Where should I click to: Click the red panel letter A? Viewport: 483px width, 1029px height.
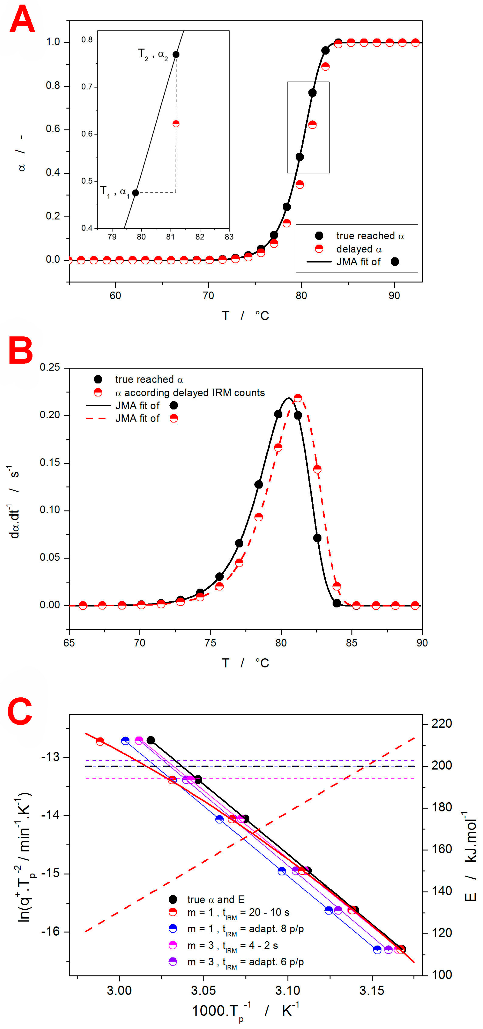pyautogui.click(x=22, y=20)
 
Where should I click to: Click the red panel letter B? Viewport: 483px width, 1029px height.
pyautogui.click(x=21, y=350)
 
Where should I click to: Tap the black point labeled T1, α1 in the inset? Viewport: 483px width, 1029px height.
pyautogui.click(x=135, y=193)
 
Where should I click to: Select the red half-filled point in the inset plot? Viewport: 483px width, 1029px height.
pyautogui.click(x=176, y=124)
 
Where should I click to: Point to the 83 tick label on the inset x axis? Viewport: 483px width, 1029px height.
pyautogui.click(x=229, y=237)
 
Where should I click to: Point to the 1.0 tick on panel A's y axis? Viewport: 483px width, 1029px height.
pyautogui.click(x=53, y=42)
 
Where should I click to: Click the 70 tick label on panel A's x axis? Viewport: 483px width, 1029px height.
pyautogui.click(x=208, y=296)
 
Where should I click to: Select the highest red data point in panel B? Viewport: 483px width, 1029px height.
pyautogui.click(x=298, y=398)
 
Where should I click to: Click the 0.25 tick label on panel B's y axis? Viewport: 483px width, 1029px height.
pyautogui.click(x=49, y=367)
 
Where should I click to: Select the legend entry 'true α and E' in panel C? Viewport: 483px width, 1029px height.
pyautogui.click(x=215, y=899)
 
